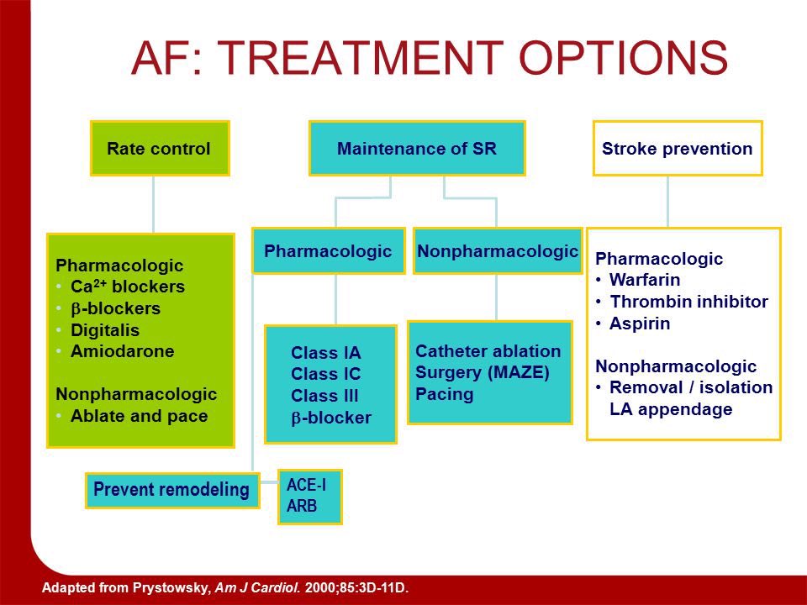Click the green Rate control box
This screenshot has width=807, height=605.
tap(159, 149)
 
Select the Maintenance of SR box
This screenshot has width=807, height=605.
tap(417, 149)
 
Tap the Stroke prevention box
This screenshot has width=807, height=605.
tap(677, 149)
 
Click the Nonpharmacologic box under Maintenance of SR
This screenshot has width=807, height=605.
tap(497, 250)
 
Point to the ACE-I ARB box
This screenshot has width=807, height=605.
tap(309, 496)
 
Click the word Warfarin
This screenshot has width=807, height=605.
tap(645, 280)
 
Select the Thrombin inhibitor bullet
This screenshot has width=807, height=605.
tap(688, 302)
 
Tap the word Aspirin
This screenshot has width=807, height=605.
tap(640, 324)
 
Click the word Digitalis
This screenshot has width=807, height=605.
tap(105, 330)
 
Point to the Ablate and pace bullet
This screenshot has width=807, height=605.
tap(139, 416)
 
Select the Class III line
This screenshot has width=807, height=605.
tap(326, 396)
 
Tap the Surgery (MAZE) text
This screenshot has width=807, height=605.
tap(482, 372)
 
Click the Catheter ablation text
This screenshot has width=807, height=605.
tap(488, 351)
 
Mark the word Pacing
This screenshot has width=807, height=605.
tap(445, 394)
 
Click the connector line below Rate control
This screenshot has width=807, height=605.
tap(153, 203)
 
